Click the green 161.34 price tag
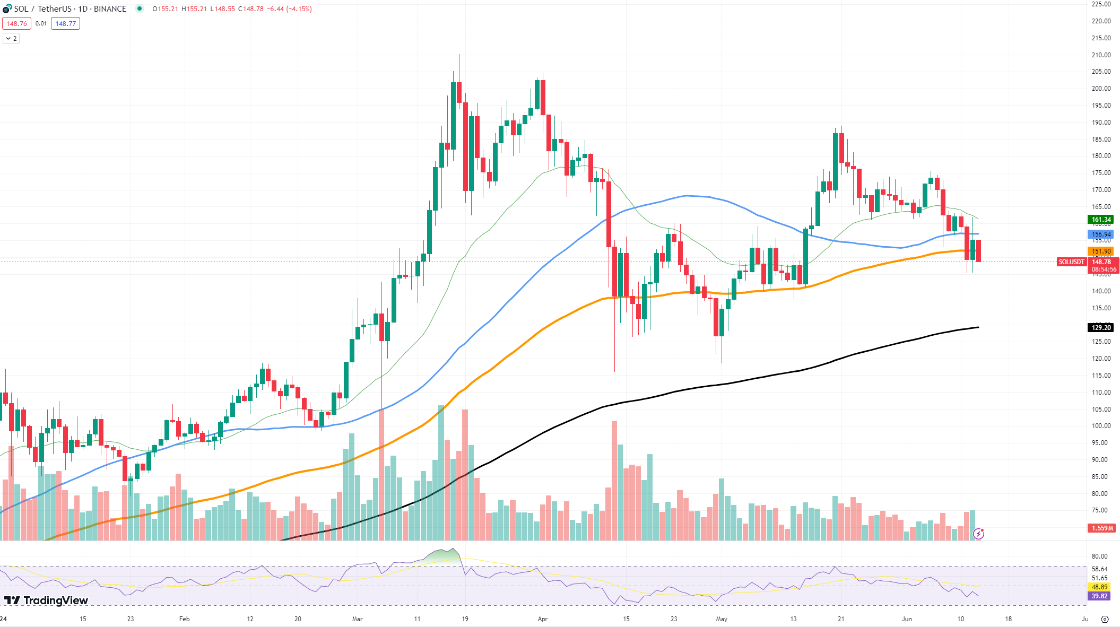[1101, 220]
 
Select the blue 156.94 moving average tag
[1101, 234]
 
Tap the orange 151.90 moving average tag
[1101, 251]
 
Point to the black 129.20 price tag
[1101, 328]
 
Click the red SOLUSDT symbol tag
[1071, 262]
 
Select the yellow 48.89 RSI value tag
[1099, 587]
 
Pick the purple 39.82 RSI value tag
[1099, 596]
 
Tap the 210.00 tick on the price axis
[1101, 55]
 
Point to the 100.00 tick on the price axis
[1101, 426]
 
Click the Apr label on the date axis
[542, 619]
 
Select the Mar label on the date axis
[357, 619]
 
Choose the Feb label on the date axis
[184, 619]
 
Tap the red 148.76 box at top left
[16, 24]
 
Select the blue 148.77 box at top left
[65, 24]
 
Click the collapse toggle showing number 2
[11, 39]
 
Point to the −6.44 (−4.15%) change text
[290, 9]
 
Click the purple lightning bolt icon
[978, 534]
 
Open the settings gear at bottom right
[1105, 619]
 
